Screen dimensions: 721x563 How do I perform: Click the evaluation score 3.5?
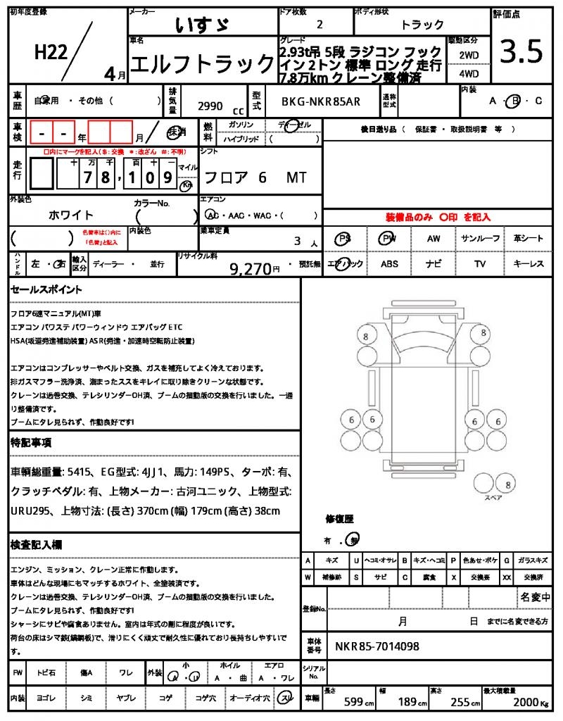click(521, 52)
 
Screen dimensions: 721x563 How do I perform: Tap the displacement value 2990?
click(210, 106)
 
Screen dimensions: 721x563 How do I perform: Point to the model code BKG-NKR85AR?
click(321, 101)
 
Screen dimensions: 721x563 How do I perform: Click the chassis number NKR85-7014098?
click(377, 646)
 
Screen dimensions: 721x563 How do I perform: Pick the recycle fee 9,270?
click(250, 268)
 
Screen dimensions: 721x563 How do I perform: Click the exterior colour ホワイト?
click(70, 215)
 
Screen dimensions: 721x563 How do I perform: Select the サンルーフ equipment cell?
click(481, 239)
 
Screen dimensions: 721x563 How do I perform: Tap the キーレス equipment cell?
click(529, 264)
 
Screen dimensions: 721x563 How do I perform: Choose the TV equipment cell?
click(481, 264)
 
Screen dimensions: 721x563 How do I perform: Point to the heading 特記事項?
click(30, 443)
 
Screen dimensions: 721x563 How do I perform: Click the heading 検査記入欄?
click(37, 545)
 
